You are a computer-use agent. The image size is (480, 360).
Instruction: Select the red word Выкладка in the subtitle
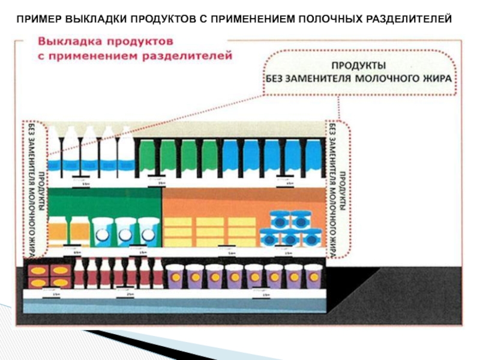68,43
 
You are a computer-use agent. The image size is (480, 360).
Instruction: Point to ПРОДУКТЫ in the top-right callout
359,64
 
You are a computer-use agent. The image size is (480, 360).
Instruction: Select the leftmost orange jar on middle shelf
57,231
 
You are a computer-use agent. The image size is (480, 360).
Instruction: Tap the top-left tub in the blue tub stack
280,220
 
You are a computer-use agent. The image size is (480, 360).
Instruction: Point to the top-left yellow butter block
178,222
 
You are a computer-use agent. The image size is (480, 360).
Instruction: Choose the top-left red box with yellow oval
38,271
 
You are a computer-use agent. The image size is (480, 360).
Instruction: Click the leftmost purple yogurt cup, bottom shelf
175,277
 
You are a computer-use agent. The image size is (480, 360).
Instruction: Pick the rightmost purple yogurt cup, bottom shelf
313,277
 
